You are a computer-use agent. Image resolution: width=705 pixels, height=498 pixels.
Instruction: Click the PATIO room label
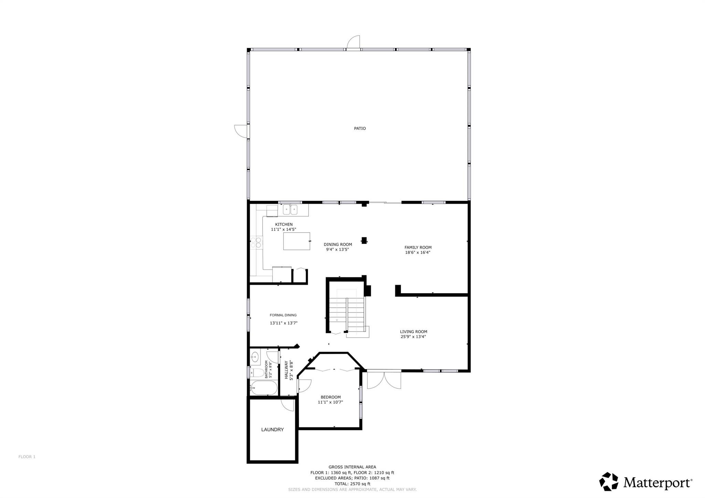point(360,128)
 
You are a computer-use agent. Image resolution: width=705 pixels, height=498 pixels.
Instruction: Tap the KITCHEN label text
point(284,224)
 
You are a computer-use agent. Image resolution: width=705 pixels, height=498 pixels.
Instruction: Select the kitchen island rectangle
point(296,241)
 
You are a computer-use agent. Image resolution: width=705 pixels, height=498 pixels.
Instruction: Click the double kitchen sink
point(290,209)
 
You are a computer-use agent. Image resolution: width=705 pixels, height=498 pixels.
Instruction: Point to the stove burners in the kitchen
point(256,243)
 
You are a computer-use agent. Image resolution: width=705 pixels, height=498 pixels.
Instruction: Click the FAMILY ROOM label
point(418,247)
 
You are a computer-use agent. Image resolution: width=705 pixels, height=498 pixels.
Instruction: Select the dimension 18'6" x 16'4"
point(418,252)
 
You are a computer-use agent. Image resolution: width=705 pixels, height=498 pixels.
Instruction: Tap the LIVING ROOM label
point(413,332)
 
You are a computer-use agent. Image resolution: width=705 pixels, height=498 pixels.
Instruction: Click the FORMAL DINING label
point(283,315)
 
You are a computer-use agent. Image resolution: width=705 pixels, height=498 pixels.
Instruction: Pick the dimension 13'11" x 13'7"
point(283,323)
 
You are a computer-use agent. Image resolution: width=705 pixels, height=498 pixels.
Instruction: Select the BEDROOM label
point(330,397)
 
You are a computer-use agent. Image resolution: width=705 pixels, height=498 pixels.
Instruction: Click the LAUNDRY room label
point(272,430)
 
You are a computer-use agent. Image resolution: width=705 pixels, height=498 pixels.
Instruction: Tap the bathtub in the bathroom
point(264,388)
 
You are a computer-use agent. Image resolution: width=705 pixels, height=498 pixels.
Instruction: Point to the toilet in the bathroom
point(257,373)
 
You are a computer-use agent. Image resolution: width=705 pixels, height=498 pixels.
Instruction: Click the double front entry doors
point(384,379)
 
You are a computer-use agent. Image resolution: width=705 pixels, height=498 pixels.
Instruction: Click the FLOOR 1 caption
point(27,457)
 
